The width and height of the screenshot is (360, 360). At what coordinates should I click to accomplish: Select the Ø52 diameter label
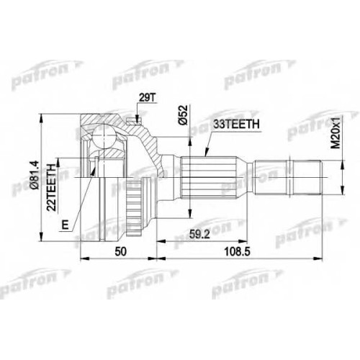(x=184, y=115)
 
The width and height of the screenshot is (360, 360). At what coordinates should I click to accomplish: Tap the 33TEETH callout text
(x=237, y=124)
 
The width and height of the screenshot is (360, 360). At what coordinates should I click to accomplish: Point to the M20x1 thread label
(x=336, y=132)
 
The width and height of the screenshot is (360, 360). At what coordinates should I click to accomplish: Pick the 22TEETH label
(x=52, y=187)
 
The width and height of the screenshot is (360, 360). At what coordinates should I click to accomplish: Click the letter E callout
(x=65, y=225)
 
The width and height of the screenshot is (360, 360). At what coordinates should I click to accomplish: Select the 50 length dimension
(x=120, y=252)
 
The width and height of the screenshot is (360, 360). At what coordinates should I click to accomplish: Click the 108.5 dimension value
(x=237, y=252)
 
